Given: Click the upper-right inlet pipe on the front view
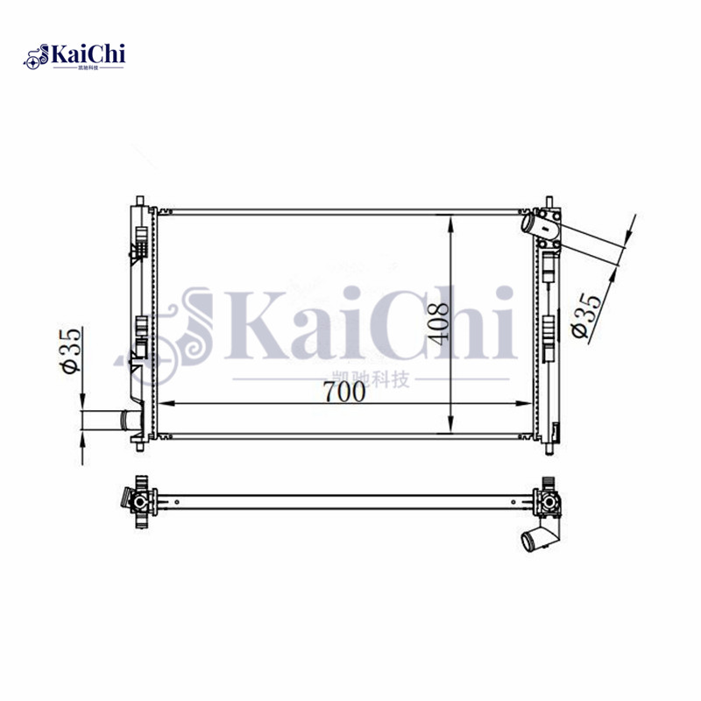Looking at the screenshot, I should [534, 224].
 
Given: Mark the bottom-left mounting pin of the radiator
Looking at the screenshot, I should [138, 443].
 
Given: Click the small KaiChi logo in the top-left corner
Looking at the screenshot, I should [76, 58].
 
